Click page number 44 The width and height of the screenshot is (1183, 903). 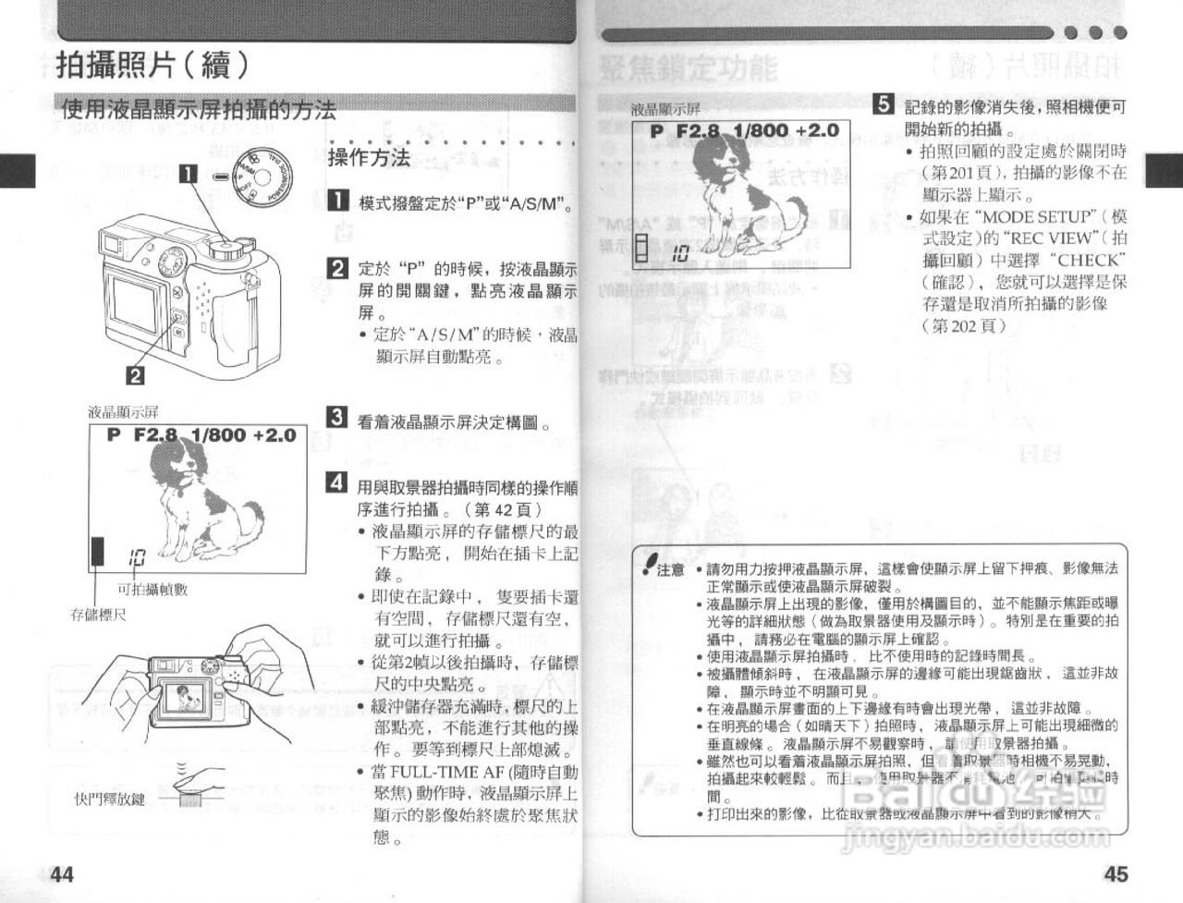coord(62,874)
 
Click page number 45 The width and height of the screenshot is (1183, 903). coord(1116,874)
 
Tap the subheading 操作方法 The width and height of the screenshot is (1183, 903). coord(369,158)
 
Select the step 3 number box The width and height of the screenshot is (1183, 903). coord(338,417)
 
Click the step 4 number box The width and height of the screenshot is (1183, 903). coord(338,482)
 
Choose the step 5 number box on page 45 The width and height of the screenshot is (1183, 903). coord(884,104)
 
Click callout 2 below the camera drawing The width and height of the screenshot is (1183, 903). coord(134,374)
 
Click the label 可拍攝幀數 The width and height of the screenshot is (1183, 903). coord(152,589)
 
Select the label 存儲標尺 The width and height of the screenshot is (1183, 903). coord(99,615)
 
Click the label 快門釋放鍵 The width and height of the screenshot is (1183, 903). coord(110,799)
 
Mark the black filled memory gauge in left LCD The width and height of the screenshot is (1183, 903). coord(97,551)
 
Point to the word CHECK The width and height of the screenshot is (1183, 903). coord(1091,262)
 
